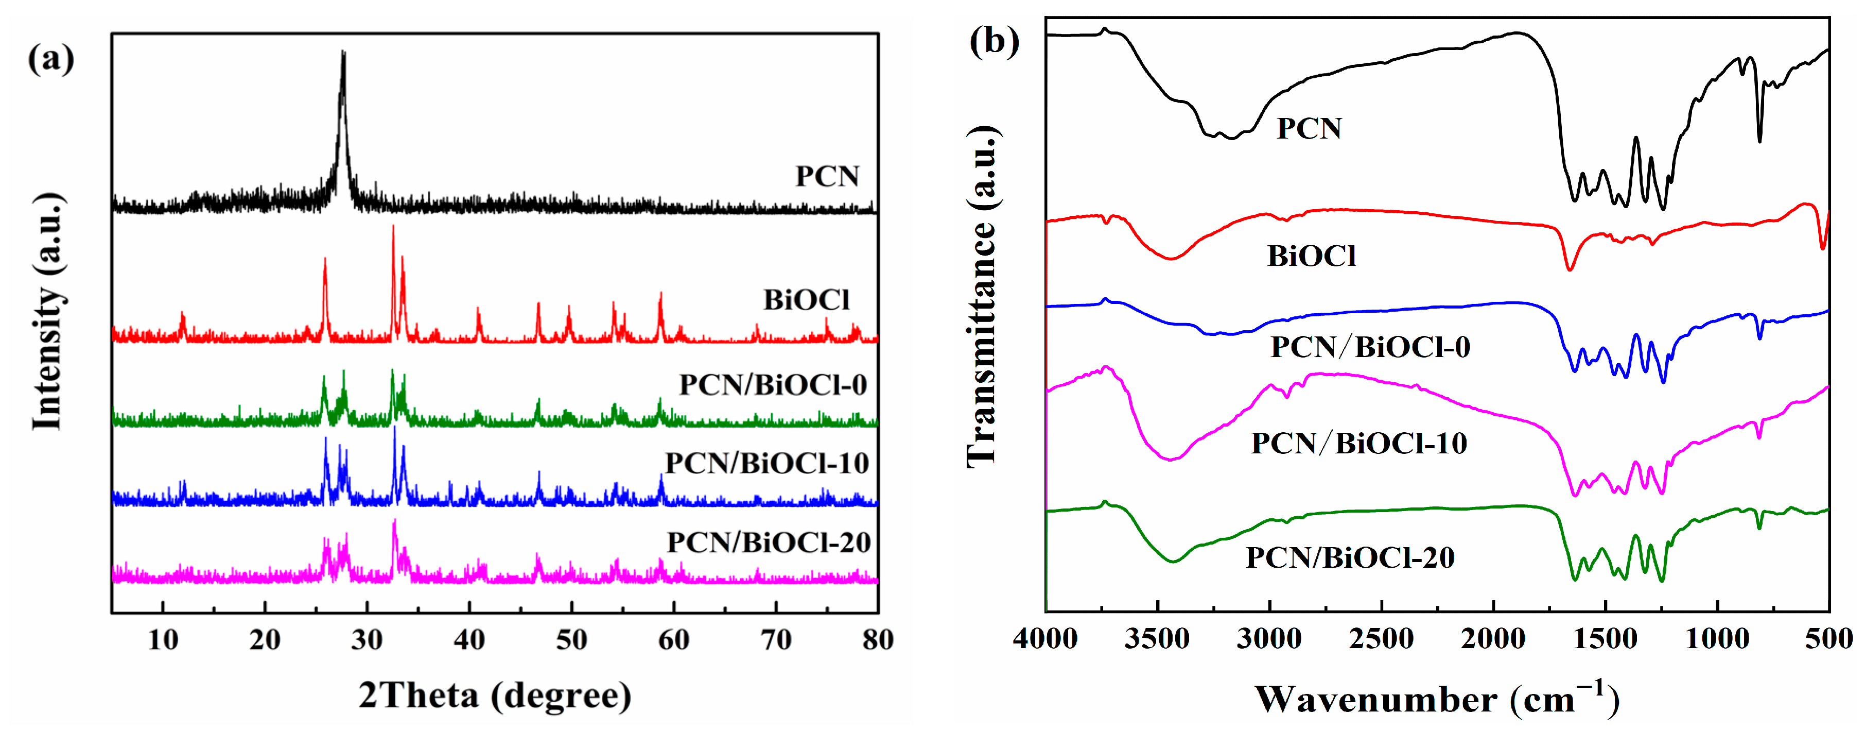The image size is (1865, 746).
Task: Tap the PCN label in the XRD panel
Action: (827, 176)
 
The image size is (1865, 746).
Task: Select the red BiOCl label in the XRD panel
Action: (806, 300)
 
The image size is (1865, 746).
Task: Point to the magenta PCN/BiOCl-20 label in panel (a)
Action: (768, 542)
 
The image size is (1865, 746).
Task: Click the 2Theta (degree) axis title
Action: (495, 696)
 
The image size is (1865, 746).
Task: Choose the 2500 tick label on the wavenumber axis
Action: (1381, 639)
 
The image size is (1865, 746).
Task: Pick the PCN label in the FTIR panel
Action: (1308, 129)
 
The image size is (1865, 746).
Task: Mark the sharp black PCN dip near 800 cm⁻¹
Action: (1759, 140)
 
